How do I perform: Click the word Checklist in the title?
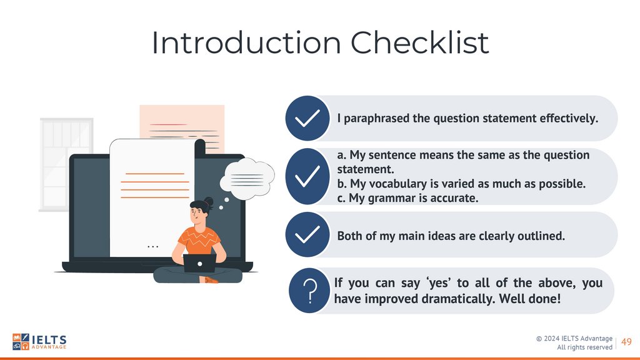pos(419,42)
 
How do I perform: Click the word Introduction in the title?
pos(246,42)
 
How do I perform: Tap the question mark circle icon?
pos(309,291)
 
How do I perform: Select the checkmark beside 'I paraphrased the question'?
pos(307,118)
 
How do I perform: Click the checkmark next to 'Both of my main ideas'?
pos(307,235)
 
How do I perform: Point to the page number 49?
pos(626,342)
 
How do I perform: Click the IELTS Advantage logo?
pos(39,342)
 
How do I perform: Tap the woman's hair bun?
pos(209,202)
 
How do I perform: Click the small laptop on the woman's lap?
pos(199,263)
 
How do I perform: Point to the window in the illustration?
pos(66,164)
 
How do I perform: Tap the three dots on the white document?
pos(152,246)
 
